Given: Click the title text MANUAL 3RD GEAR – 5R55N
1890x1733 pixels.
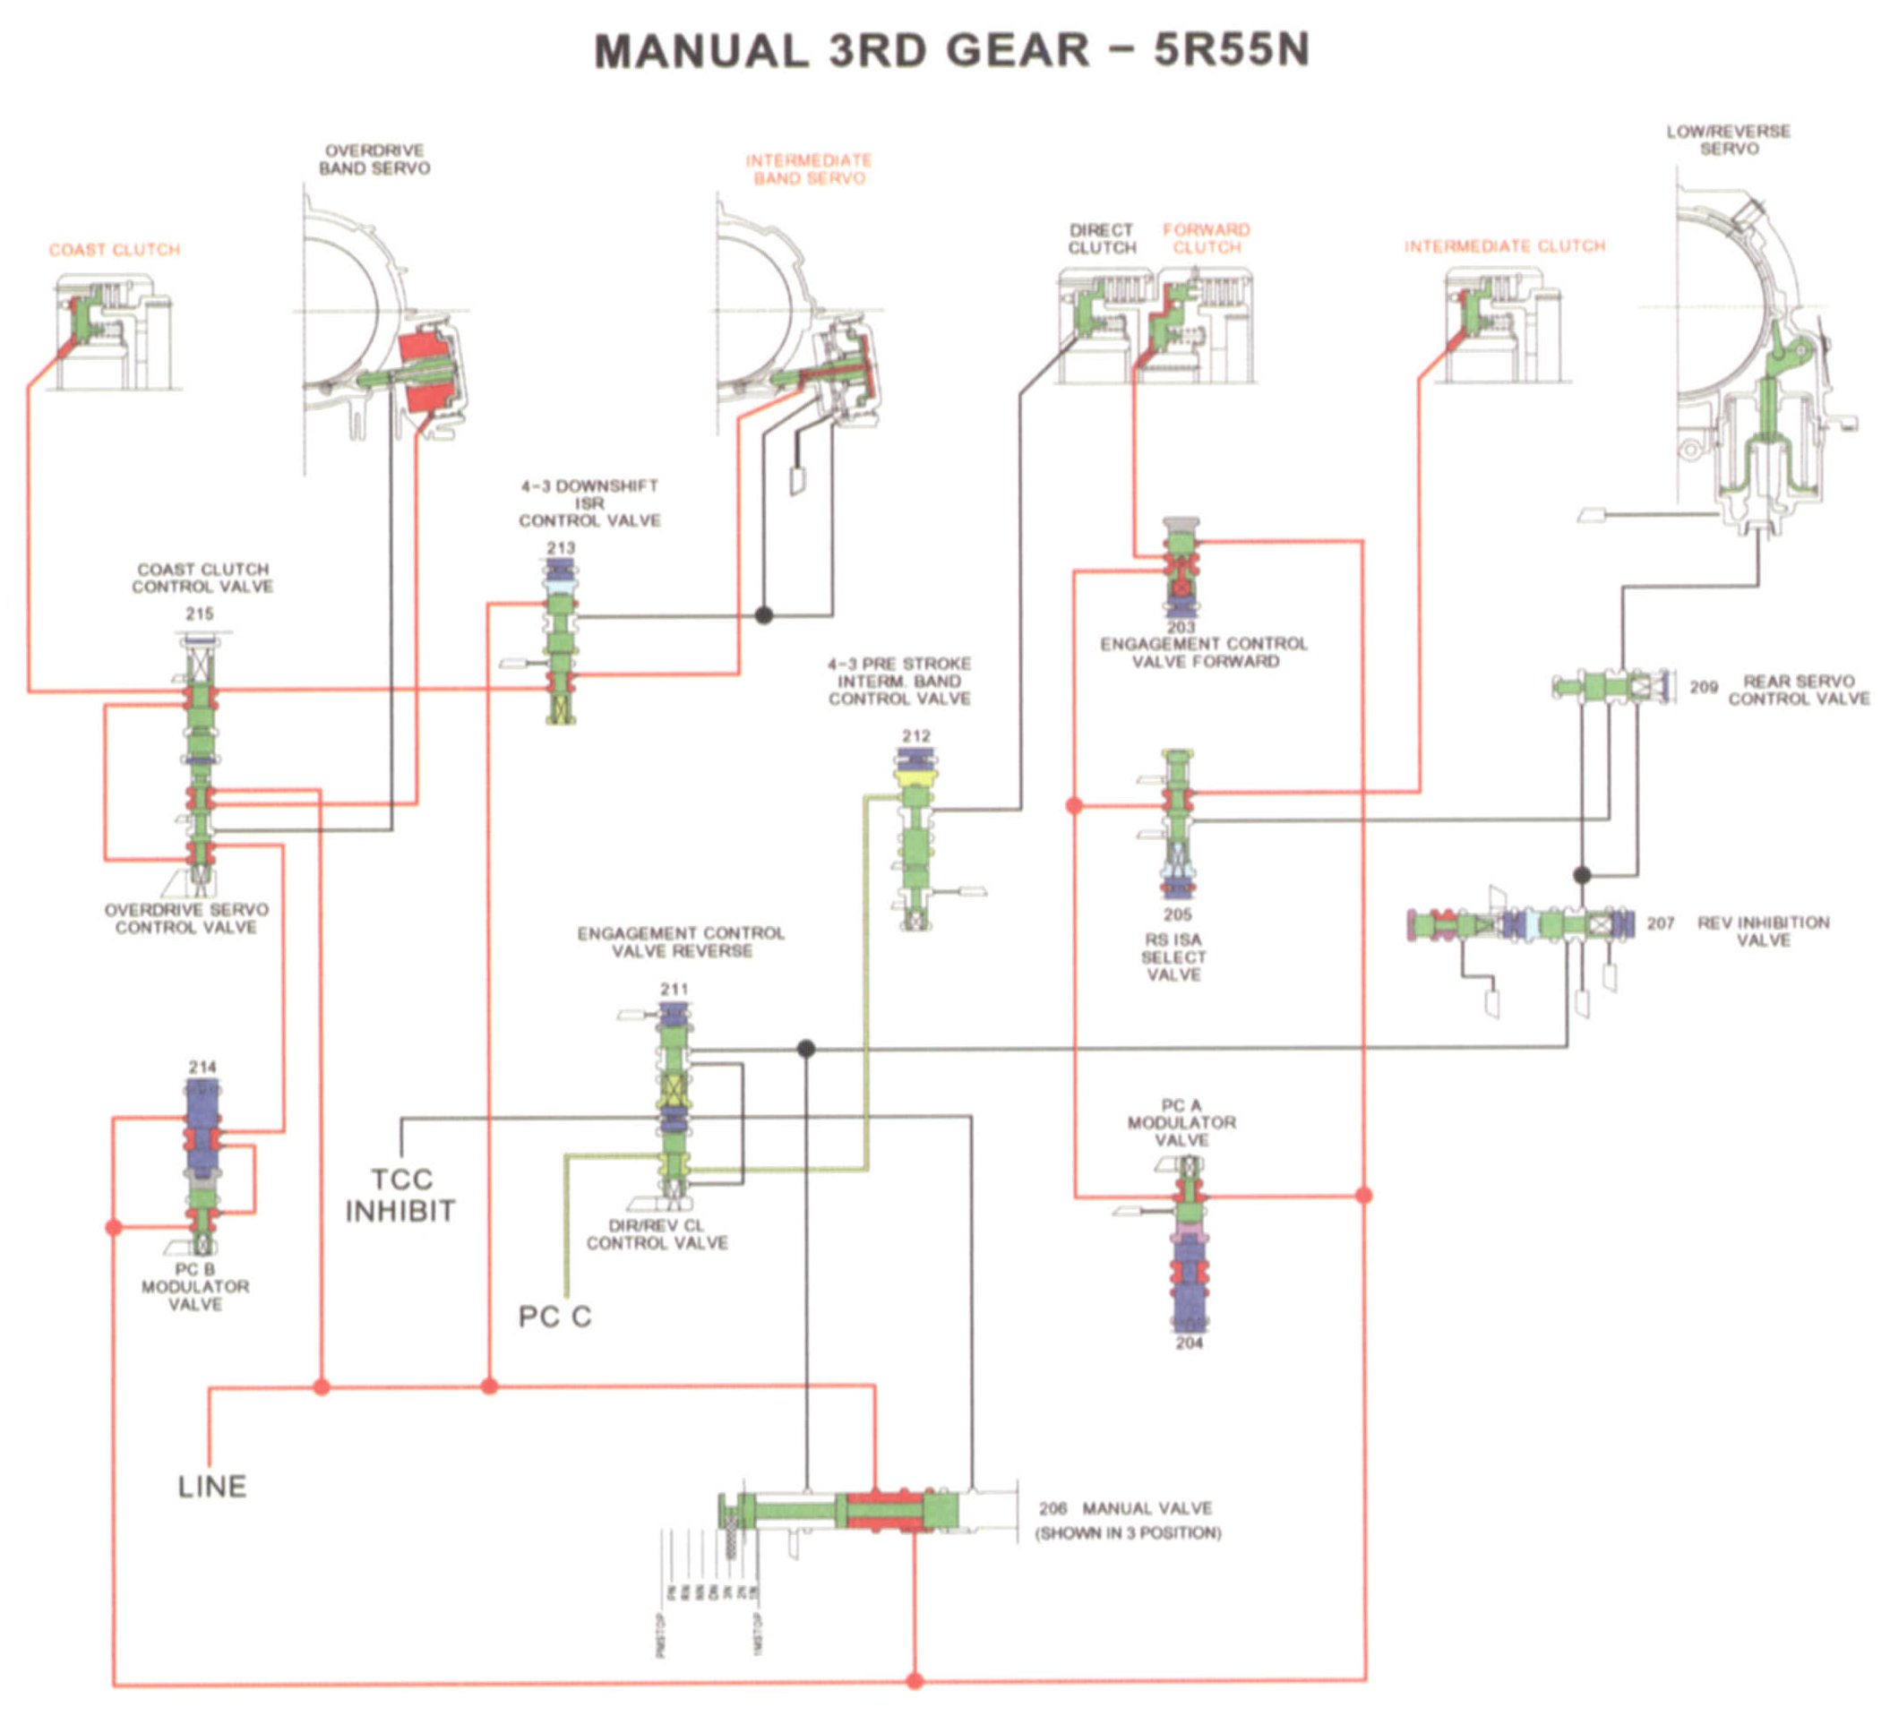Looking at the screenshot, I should pos(951,51).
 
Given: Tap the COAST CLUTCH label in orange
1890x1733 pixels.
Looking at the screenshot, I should pos(115,251).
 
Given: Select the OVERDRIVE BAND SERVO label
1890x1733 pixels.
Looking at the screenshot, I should pos(374,160).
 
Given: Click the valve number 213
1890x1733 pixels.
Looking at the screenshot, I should pos(561,547).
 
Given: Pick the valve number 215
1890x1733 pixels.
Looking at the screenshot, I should pos(200,614).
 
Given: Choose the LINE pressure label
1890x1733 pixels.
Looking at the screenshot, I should pos(212,1487).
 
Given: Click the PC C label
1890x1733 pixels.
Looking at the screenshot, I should pos(554,1317).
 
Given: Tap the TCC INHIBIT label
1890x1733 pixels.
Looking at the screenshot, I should pos(400,1195).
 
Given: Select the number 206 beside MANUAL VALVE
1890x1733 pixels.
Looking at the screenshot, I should pos(1052,1508).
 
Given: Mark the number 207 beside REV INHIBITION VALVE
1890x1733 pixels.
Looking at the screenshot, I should pos(1660,923).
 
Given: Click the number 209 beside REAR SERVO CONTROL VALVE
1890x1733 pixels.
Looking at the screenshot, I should pos(1704,688).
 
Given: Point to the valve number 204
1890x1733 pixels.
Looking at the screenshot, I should pos(1190,1343).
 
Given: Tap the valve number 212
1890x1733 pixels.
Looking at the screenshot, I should pos(916,736).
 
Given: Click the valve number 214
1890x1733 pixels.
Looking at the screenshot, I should pos(202,1068).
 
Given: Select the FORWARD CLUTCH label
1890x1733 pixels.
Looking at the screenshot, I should pos(1207,239).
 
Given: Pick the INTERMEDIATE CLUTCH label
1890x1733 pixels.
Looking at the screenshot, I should pos(1505,246).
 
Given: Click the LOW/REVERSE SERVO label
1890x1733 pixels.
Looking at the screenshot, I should pos(1728,141).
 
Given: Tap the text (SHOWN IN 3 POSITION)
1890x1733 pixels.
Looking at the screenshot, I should pos(1128,1533).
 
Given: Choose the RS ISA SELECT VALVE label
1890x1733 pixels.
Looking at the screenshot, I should pos(1173,957).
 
